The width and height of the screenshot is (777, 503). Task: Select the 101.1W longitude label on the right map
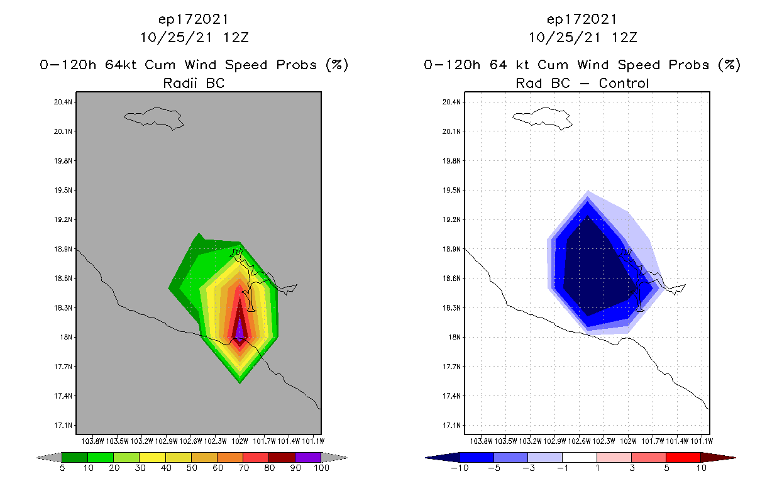[701, 441]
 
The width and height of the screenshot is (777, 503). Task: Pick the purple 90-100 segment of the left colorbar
[308, 457]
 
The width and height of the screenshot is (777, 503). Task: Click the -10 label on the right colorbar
[460, 468]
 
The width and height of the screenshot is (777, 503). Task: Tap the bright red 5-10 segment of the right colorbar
[683, 457]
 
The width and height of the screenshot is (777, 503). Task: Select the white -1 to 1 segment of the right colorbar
[580, 457]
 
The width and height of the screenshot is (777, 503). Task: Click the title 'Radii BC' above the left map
[194, 83]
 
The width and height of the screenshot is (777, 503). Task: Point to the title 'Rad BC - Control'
[582, 83]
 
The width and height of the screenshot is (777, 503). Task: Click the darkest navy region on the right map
[594, 270]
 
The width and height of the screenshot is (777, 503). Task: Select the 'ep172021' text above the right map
[582, 19]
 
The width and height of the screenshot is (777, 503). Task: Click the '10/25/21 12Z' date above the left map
[194, 37]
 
